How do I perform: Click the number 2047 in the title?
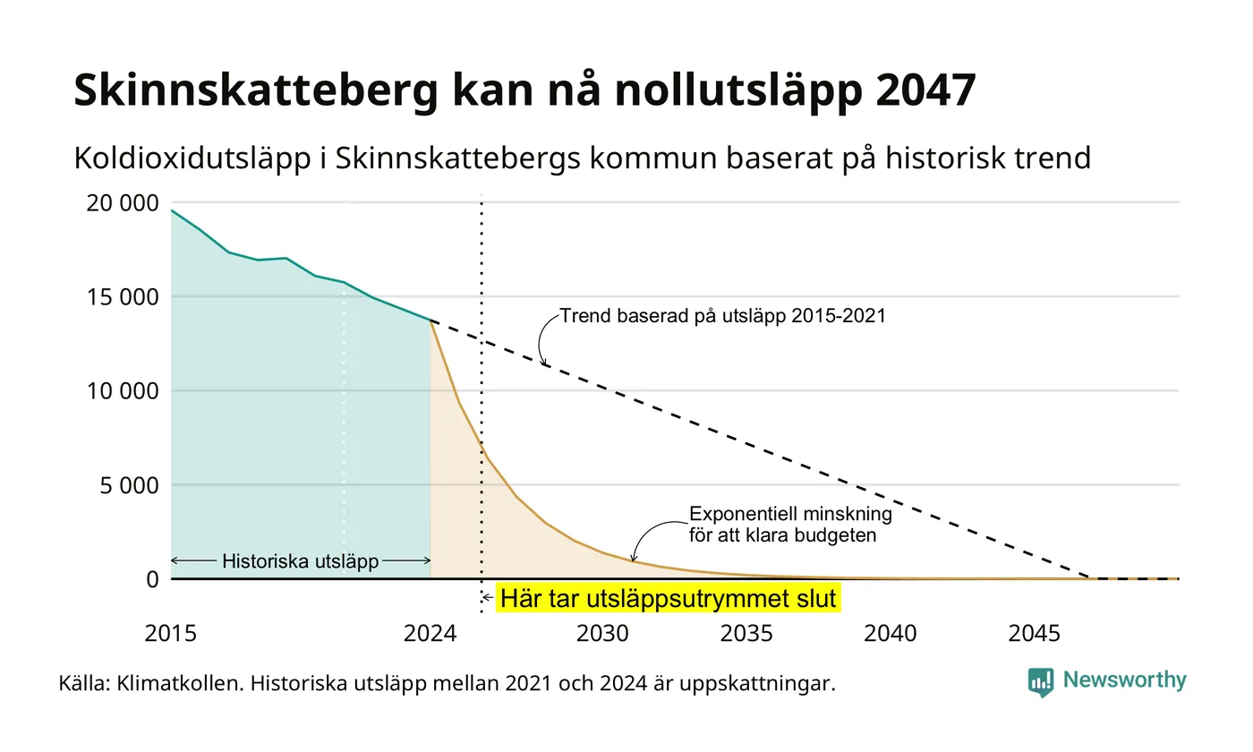pos(925,90)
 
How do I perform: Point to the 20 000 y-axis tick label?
pos(122,203)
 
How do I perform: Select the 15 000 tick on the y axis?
pos(122,297)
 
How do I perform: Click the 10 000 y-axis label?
pos(122,391)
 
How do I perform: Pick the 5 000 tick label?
pos(129,485)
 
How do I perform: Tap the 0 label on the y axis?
pos(153,580)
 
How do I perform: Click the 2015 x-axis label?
pos(171,634)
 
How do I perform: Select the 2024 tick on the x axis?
pos(430,634)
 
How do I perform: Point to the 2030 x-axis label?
pos(602,634)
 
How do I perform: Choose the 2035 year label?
pos(746,634)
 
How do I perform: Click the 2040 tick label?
pos(890,634)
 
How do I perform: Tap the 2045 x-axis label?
pos(1034,634)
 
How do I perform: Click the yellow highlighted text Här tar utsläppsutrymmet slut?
pos(669,598)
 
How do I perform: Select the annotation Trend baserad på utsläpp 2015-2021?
pos(723,316)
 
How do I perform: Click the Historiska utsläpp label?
pos(301,561)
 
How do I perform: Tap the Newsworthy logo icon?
pos(1040,682)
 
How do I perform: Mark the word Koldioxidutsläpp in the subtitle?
pos(192,159)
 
